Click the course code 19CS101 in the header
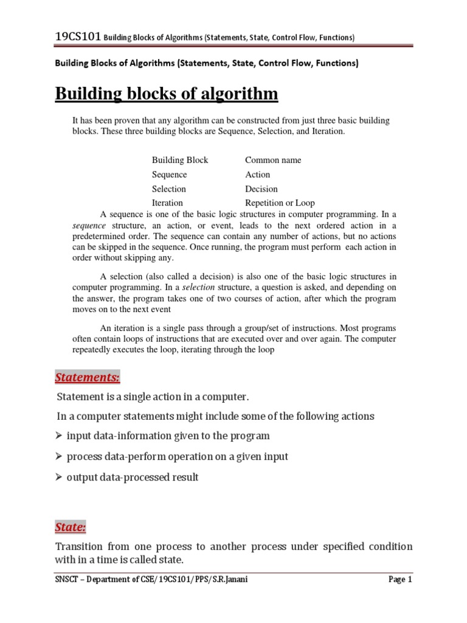[78, 37]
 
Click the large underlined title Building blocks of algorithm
[167, 94]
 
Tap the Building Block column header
[179, 160]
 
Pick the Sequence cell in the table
[169, 175]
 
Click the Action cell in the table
[257, 175]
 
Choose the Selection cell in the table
[168, 189]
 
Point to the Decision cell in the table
[261, 189]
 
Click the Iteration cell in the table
[167, 203]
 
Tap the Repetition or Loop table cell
[280, 203]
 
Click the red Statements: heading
[88, 378]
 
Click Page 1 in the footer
[400, 580]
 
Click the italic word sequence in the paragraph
[89, 225]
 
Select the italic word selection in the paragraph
[199, 287]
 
